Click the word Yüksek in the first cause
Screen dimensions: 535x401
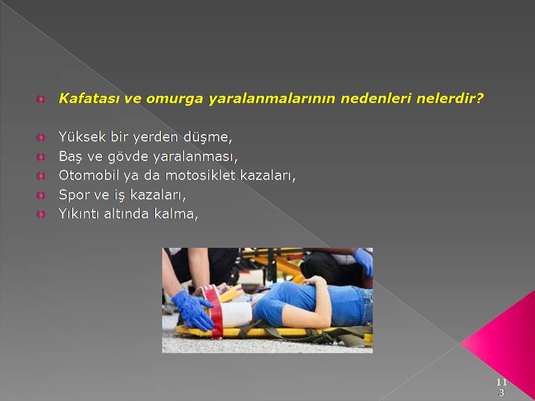(82, 137)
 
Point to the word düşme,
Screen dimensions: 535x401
(208, 137)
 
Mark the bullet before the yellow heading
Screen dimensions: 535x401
(41, 99)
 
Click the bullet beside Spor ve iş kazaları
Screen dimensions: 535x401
(41, 195)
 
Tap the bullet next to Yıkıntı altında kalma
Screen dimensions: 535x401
(41, 214)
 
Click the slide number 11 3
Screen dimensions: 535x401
(501, 387)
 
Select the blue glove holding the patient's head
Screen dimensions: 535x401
(192, 310)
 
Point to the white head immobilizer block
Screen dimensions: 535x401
(235, 314)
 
